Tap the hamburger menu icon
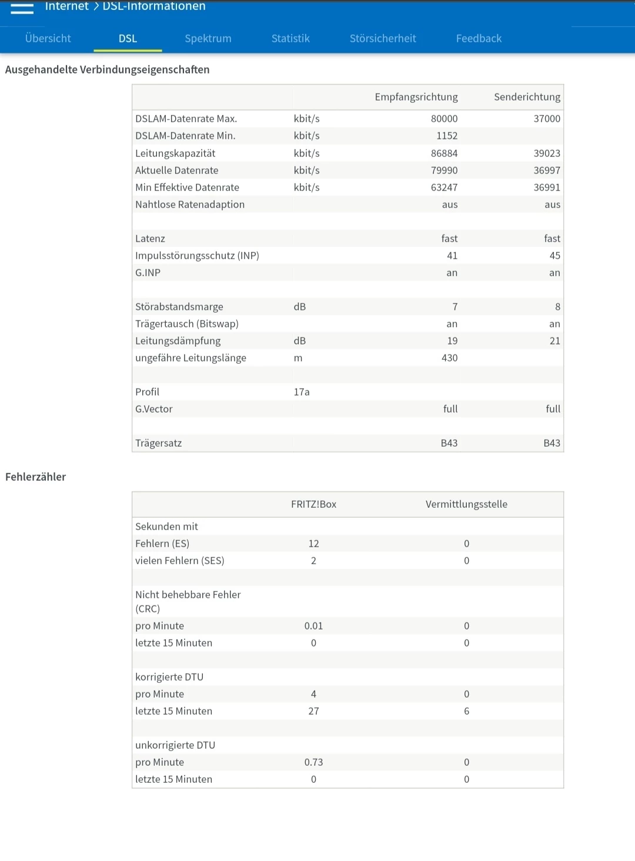22,8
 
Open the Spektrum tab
208,39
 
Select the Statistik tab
290,39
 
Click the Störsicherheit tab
383,39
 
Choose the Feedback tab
479,39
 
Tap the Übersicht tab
48,39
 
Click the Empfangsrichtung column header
416,97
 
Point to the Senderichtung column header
527,97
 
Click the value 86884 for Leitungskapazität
444,153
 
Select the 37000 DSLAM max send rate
547,119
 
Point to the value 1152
447,136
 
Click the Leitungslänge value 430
449,358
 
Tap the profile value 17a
302,392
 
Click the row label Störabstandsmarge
179,307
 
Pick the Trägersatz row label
159,443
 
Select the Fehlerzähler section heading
36,477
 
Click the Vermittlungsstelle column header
466,504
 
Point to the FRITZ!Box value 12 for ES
314,544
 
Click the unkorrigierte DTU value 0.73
313,762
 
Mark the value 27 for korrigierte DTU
314,711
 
